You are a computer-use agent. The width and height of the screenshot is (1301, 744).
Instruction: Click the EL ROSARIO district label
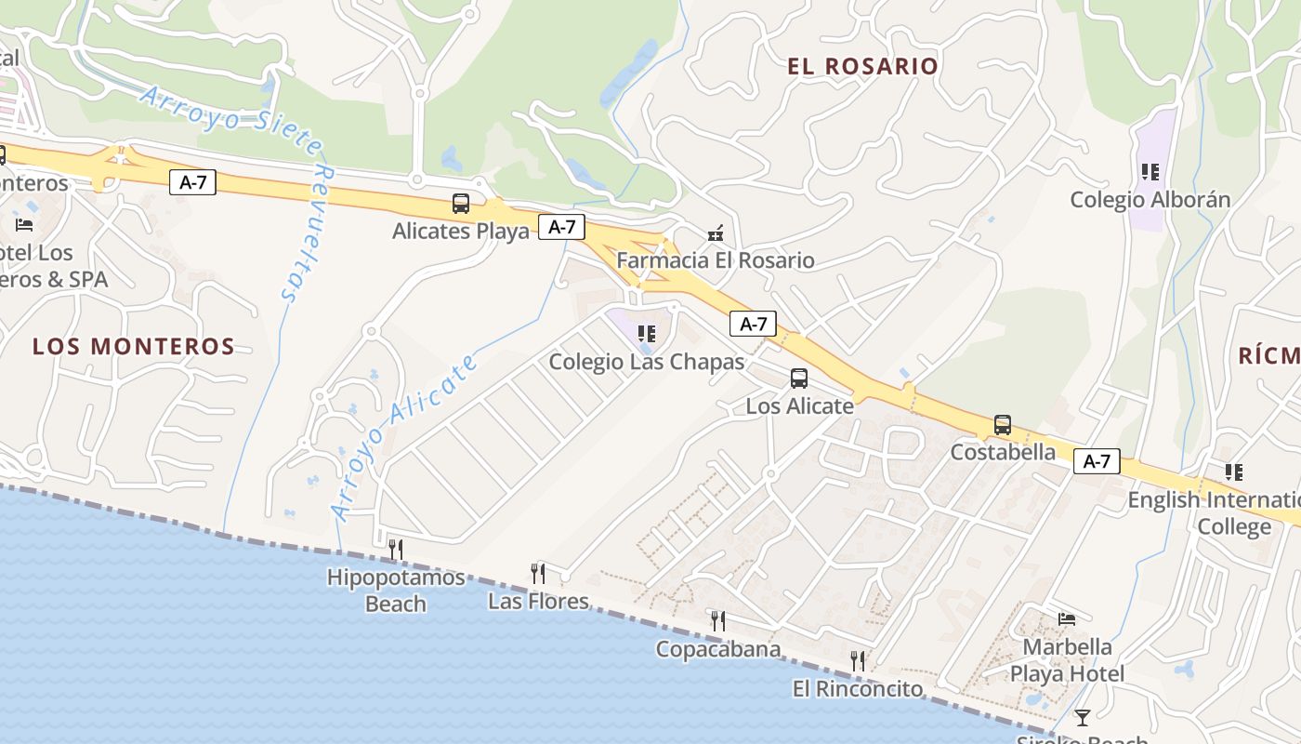[862, 66]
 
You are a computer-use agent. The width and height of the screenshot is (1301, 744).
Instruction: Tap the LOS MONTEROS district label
[134, 347]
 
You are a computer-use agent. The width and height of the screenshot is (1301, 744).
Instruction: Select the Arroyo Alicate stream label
[404, 437]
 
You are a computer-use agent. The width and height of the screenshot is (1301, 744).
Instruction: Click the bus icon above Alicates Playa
[460, 204]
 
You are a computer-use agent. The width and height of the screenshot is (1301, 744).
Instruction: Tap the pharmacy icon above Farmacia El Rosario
[715, 233]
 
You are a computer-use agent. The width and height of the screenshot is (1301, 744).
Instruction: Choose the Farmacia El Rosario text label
[715, 260]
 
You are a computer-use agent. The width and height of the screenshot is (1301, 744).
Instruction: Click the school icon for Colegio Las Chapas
[647, 333]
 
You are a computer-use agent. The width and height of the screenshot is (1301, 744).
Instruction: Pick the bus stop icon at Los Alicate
[799, 379]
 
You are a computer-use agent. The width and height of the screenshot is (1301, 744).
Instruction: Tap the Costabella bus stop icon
[1003, 425]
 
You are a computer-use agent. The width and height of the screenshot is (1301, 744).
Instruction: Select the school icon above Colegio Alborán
[1150, 172]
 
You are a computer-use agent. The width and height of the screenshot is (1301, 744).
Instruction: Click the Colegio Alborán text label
[1150, 200]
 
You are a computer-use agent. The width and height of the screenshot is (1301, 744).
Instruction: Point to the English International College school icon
[1233, 472]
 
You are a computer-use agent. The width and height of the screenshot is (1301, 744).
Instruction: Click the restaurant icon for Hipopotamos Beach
[396, 550]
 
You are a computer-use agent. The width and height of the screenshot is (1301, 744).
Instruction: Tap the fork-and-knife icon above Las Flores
[538, 574]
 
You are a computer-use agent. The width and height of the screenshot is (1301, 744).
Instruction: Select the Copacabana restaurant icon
[718, 620]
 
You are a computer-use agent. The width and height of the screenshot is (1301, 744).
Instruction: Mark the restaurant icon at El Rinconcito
[858, 661]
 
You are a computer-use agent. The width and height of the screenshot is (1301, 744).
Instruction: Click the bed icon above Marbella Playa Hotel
[1067, 619]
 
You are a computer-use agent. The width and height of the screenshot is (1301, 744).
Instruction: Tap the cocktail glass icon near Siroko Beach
[1082, 717]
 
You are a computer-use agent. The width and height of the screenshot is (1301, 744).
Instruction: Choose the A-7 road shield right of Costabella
[1097, 461]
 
